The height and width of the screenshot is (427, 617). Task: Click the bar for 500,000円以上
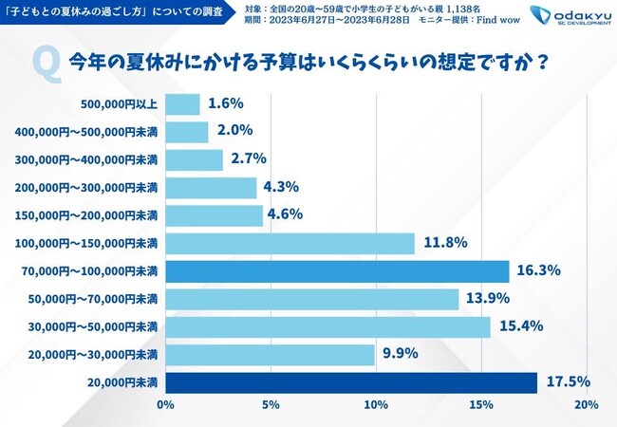coord(183,104)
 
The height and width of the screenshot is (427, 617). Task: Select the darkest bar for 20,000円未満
coord(350,382)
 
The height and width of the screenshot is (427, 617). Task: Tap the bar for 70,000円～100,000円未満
coord(337,271)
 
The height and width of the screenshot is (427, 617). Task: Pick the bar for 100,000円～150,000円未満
coord(290,244)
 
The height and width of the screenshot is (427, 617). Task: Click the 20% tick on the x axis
coord(586,406)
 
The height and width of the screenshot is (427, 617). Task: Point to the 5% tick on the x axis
coord(271,406)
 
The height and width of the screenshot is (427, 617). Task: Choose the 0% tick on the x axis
coord(165,406)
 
